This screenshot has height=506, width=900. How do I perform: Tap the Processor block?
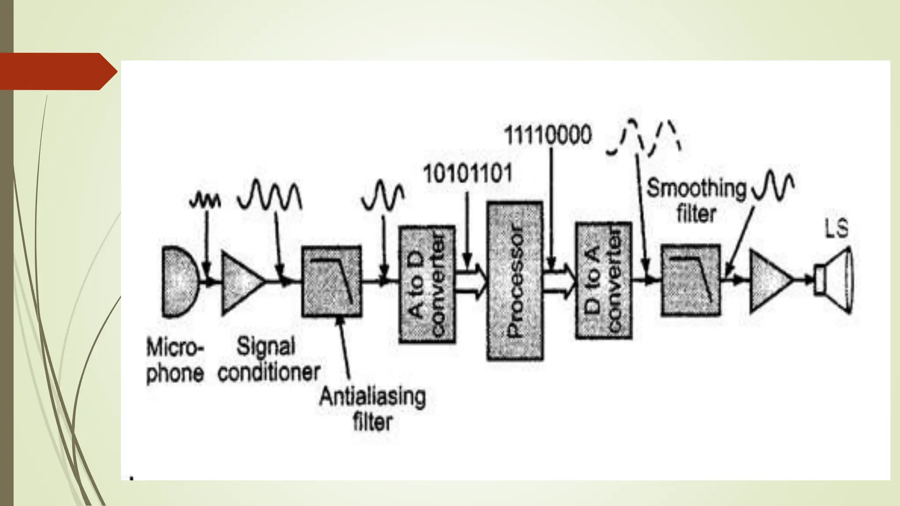[515, 281]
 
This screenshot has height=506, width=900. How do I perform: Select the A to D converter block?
[427, 284]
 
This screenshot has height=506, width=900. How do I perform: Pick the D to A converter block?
[603, 281]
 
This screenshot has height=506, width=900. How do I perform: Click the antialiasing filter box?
[331, 281]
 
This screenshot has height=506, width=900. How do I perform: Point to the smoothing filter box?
[690, 280]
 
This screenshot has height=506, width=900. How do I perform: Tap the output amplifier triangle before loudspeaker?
[769, 280]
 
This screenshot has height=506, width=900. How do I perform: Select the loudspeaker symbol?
[835, 280]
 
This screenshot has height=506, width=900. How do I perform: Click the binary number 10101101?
[468, 173]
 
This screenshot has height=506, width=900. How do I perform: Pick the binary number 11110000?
[548, 135]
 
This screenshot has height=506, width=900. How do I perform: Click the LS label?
[836, 229]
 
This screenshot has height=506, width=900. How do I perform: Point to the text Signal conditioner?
[269, 359]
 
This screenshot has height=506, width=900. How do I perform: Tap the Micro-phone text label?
[175, 360]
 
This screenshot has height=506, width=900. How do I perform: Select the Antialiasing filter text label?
[372, 409]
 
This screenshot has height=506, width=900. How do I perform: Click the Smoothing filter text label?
[697, 201]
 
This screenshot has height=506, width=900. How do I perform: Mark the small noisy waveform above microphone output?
[204, 201]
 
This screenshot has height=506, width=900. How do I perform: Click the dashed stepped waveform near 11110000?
[643, 137]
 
